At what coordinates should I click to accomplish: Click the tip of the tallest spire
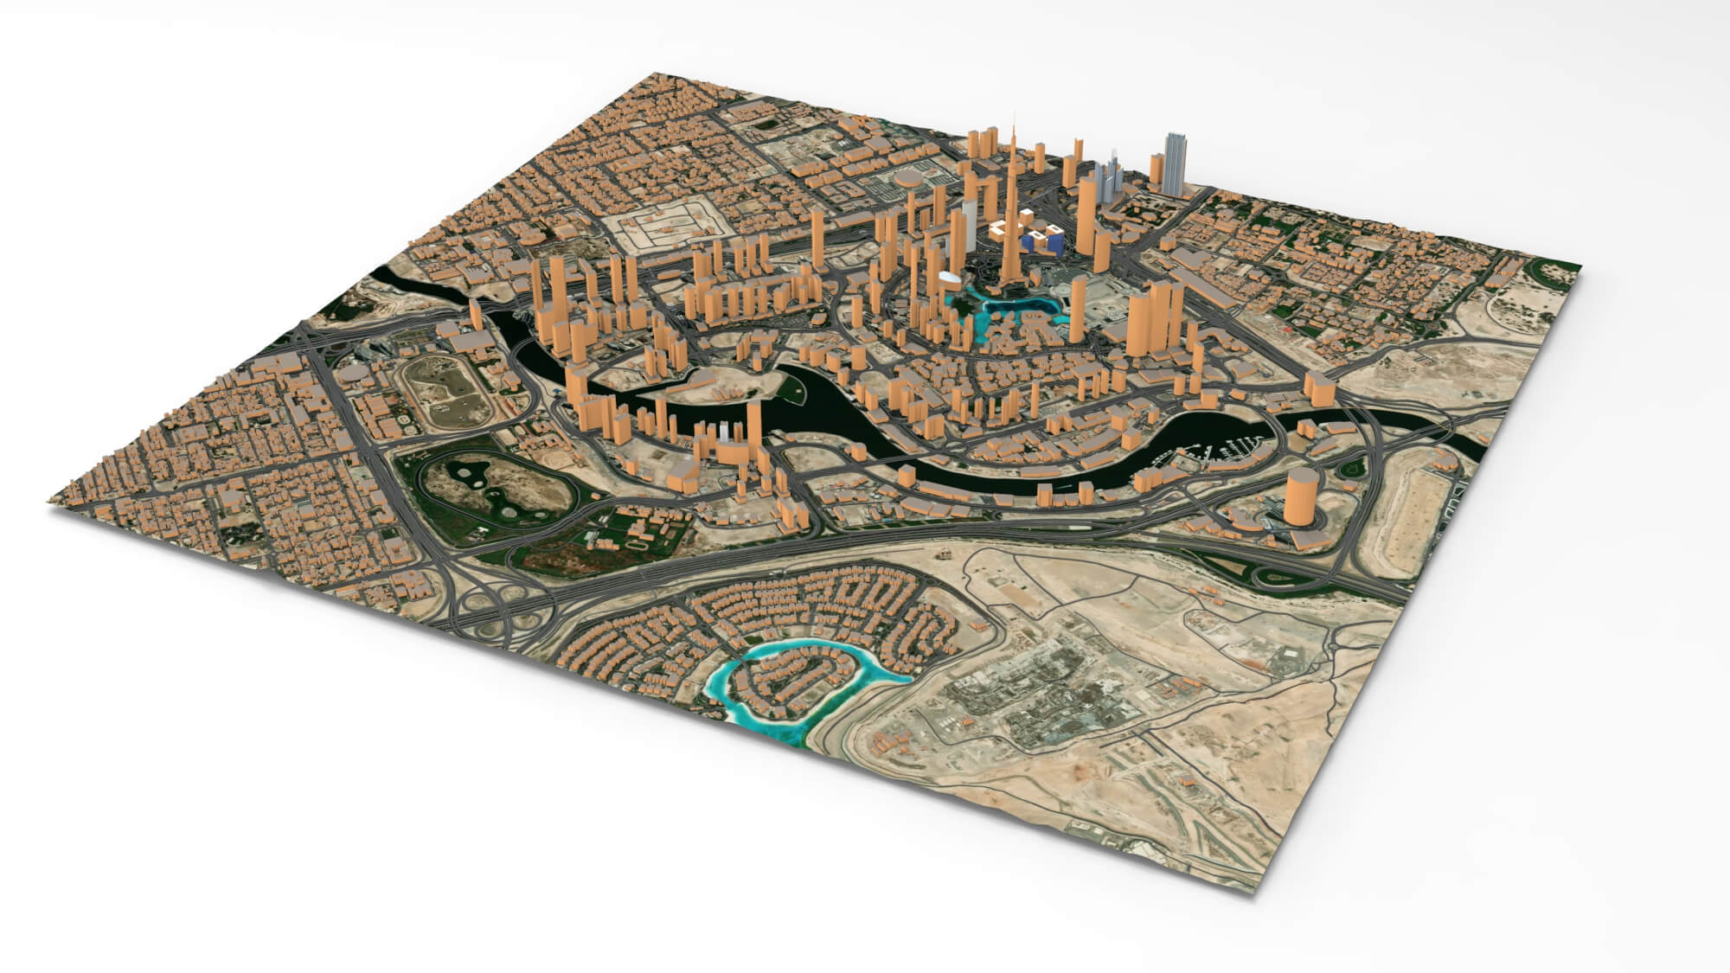[x=1013, y=112]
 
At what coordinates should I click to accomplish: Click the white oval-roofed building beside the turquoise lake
[x=949, y=278]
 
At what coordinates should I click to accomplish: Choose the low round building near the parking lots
[x=907, y=180]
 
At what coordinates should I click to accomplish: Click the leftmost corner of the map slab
[x=52, y=503]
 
